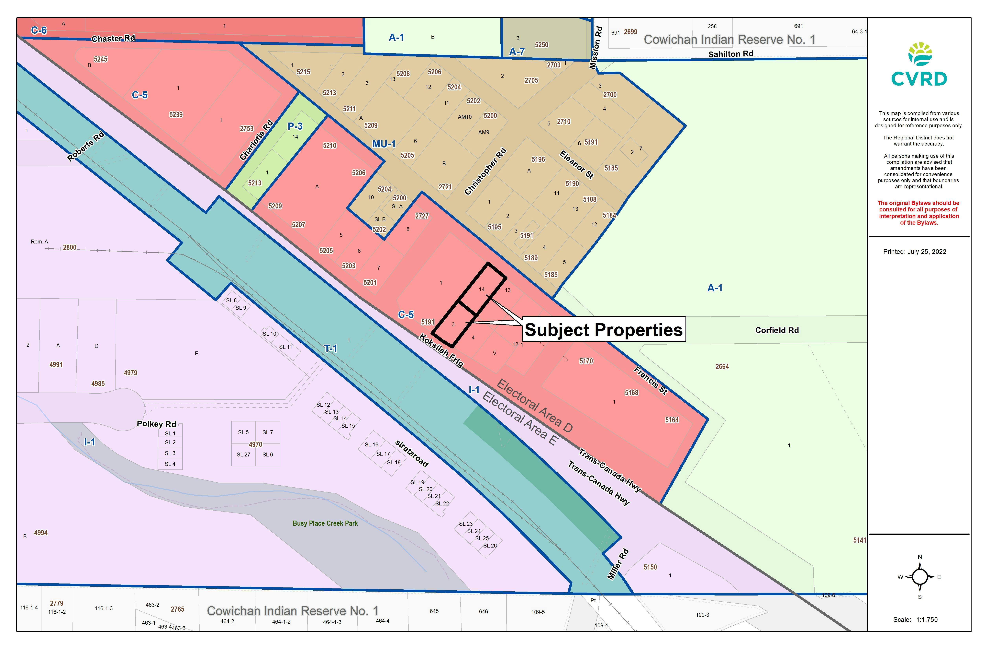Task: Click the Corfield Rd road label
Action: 777,330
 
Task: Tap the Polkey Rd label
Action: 156,424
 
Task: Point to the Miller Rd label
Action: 618,564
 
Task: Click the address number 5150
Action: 650,567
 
